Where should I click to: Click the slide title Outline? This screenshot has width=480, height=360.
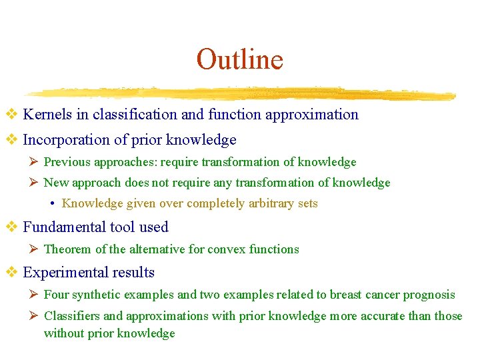[x=239, y=59]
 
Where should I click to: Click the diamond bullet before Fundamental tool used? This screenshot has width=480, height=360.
[x=11, y=227]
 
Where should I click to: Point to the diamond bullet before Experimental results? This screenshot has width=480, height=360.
[x=11, y=273]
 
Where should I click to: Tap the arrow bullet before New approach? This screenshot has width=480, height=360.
[x=35, y=183]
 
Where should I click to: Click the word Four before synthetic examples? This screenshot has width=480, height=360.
[x=56, y=295]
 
